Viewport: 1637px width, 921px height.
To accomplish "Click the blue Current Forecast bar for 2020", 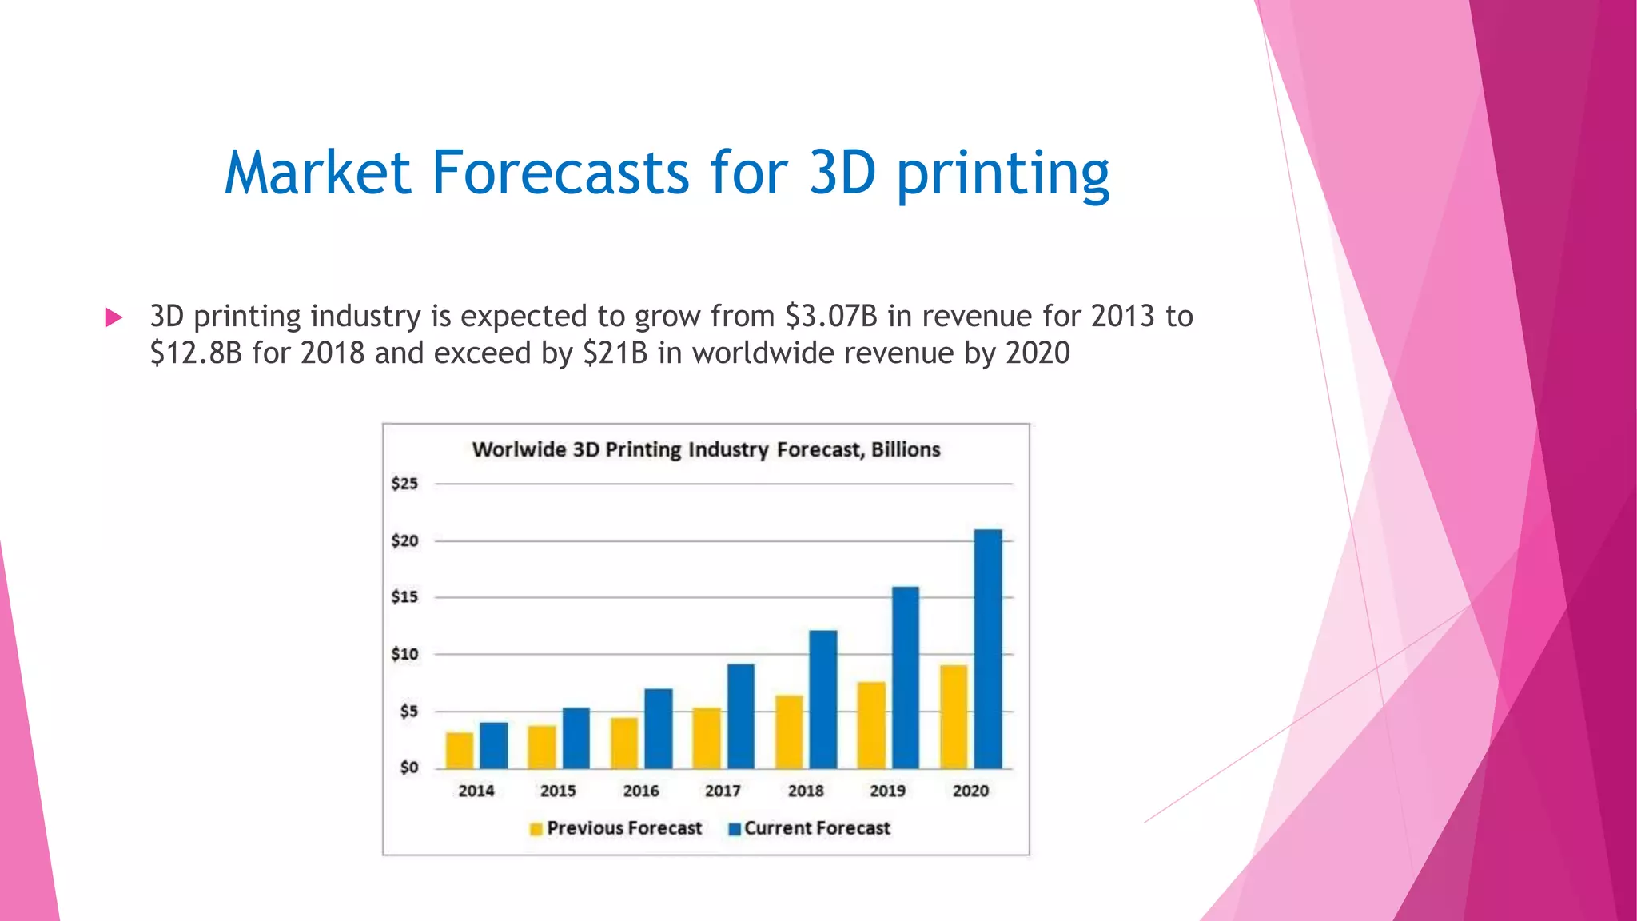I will [x=988, y=648].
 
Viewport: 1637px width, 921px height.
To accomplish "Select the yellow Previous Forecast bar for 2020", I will [x=954, y=716].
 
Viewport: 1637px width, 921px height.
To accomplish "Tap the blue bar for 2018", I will [x=823, y=700].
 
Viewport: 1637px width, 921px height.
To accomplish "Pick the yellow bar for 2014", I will [x=460, y=750].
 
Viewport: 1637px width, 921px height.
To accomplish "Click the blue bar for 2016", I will [x=658, y=728].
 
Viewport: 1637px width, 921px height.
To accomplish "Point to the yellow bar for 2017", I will [x=707, y=738].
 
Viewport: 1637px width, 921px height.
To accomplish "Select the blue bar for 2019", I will [x=906, y=677].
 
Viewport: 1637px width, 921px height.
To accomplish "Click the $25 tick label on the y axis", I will [x=404, y=484].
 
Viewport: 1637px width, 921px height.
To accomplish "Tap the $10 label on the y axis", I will [x=404, y=654].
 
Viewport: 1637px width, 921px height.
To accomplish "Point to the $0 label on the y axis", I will [x=408, y=767].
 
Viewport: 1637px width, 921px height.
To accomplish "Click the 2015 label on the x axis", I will [x=558, y=791].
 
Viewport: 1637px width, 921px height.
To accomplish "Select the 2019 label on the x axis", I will [x=887, y=791].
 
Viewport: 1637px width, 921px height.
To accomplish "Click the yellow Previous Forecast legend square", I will [x=536, y=829].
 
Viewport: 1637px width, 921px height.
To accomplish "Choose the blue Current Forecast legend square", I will [x=735, y=829].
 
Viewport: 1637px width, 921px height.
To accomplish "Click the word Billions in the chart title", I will [x=906, y=449].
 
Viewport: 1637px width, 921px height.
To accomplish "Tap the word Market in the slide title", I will [x=317, y=173].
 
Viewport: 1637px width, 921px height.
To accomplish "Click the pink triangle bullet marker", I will [x=114, y=318].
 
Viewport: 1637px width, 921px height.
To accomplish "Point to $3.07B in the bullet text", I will [x=830, y=317].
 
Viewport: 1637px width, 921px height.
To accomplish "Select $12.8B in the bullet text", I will [x=196, y=353].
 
